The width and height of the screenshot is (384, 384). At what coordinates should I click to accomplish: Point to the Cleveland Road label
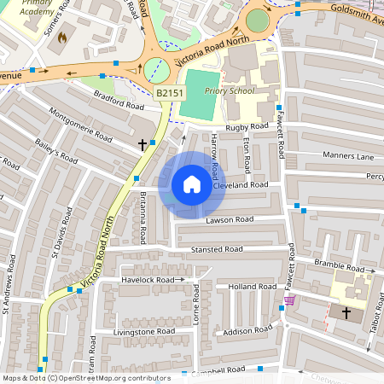pos(241,184)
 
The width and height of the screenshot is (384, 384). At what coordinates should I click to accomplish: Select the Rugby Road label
pos(247,127)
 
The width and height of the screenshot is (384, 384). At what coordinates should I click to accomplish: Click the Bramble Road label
pos(339,265)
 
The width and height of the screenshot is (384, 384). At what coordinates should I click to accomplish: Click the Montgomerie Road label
pos(81,125)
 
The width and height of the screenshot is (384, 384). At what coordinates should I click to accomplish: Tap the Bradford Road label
pos(119,100)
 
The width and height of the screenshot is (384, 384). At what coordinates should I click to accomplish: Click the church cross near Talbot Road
pos(346,313)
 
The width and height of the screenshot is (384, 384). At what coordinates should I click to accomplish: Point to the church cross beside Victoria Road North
pos(142,145)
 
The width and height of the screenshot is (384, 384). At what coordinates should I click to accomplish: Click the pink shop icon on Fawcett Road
pos(290,300)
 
